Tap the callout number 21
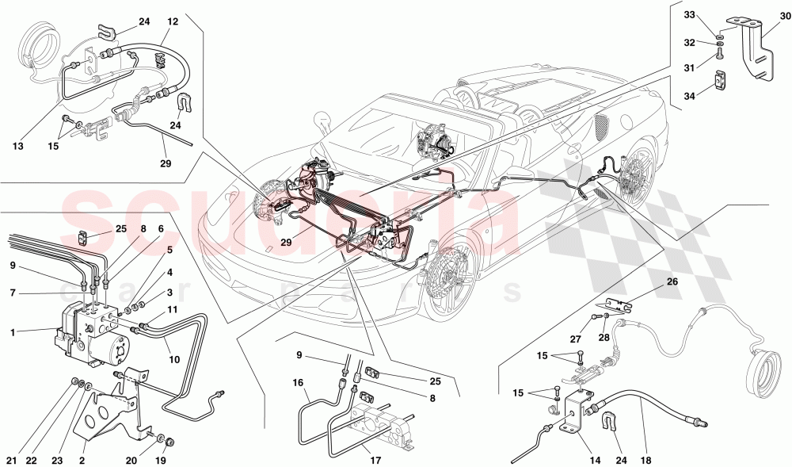(x=12, y=461)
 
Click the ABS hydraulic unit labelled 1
(x=91, y=337)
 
